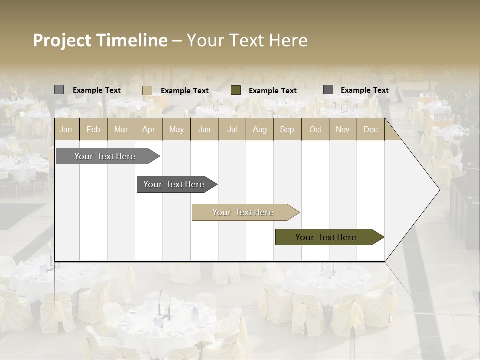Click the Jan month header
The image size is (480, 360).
coord(66,129)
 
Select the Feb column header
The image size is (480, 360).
coord(93,129)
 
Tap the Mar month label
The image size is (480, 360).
coord(121,129)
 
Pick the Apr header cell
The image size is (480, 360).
coord(148,129)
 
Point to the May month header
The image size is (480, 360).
coord(176,129)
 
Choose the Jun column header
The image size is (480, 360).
coord(204,129)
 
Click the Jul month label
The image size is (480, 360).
coord(232,129)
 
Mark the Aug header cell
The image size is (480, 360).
coord(259,129)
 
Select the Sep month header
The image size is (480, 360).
coord(287,129)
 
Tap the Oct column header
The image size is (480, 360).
coord(315,129)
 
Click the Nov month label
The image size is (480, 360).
coord(343,129)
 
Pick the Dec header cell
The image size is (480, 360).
coord(370,129)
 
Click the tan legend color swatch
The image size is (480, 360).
coord(147,90)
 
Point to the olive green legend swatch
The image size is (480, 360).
coord(236,90)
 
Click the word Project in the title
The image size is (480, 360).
coord(62,40)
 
